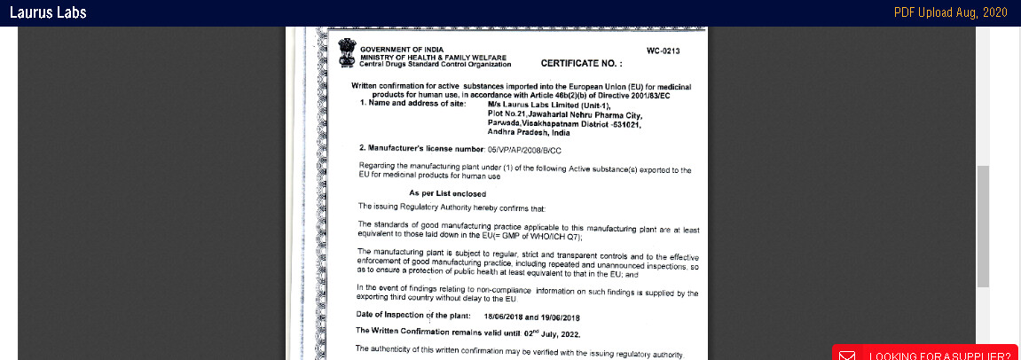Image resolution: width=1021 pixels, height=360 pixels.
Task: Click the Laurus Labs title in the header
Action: coord(48,12)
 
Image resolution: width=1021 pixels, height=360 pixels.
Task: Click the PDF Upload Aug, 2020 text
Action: coord(950,12)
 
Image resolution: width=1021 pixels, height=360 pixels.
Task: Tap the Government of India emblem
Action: coord(346,52)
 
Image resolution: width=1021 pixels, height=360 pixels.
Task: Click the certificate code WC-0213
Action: coord(663,51)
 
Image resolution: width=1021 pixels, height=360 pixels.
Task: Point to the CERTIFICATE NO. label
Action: coord(581,64)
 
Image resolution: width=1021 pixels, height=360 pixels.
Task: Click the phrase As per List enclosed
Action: coord(447,193)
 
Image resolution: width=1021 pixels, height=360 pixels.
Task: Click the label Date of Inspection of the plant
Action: coord(413,316)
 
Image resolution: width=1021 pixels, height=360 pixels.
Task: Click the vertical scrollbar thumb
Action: coord(983,225)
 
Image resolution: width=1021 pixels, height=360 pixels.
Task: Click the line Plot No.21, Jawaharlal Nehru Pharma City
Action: coord(564,114)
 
